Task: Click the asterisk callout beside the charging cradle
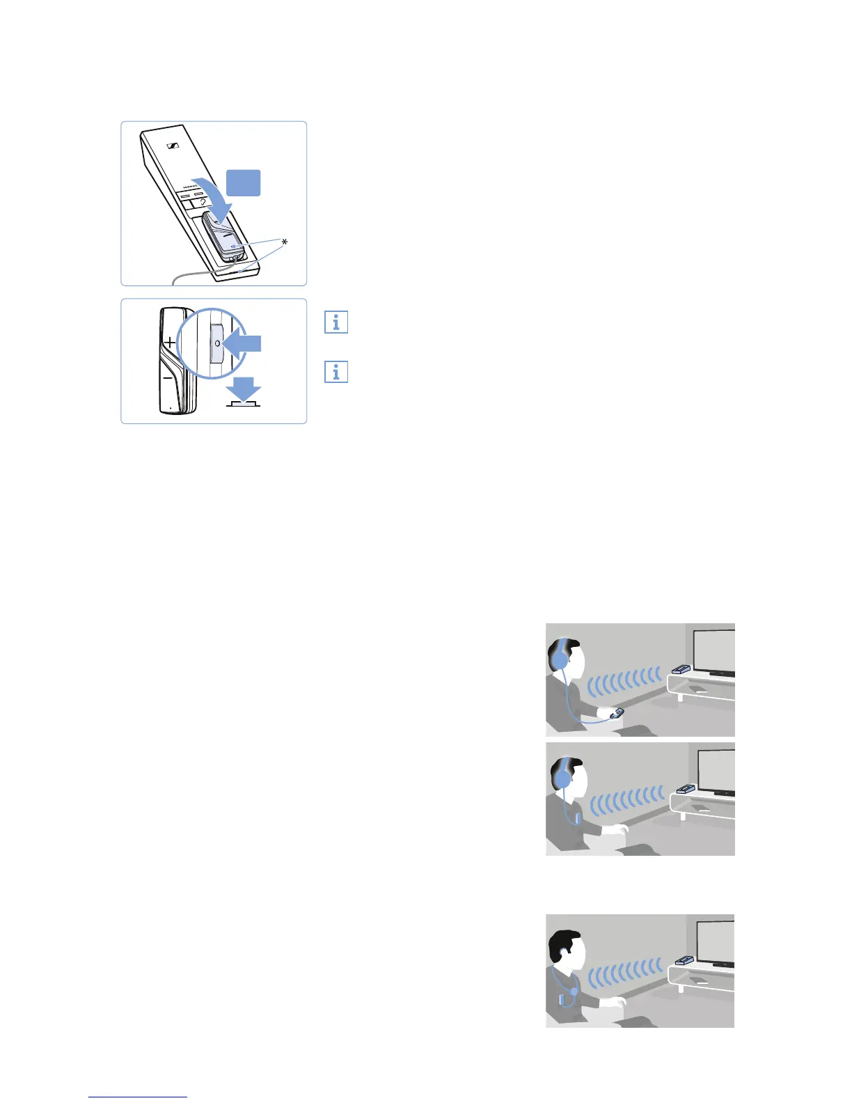(284, 242)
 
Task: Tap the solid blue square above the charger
(244, 183)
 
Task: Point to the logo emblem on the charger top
(174, 146)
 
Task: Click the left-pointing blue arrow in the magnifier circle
(244, 343)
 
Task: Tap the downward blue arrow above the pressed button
(244, 388)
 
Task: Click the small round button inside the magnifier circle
(216, 343)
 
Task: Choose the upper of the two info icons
(336, 322)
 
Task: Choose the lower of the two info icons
(336, 372)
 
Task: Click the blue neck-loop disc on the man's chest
(574, 990)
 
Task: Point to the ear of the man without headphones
(562, 952)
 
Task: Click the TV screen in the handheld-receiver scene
(715, 650)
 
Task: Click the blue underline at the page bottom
(138, 1097)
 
